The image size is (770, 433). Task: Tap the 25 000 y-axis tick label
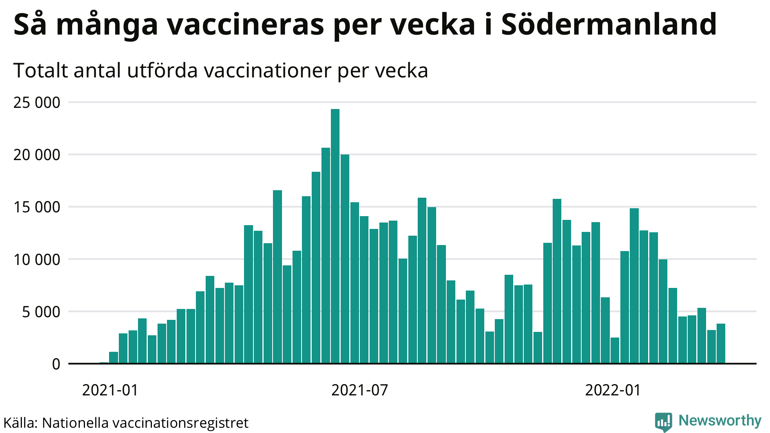36,103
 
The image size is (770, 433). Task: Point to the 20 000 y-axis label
36,155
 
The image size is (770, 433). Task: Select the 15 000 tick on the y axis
36,207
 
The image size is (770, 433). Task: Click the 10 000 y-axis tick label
36,259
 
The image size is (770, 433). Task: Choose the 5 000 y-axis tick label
41,312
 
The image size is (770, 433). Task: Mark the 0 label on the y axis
56,364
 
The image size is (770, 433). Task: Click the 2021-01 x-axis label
110,390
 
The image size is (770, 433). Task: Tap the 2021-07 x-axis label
359,390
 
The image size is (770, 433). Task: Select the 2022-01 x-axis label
613,390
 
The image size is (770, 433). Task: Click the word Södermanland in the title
609,24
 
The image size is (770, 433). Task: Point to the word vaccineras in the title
246,24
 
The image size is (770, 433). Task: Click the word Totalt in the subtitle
41,70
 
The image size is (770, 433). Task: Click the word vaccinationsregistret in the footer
180,423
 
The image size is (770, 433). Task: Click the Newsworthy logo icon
663,422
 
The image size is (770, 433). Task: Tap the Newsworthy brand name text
720,421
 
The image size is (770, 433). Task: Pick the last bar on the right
721,344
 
